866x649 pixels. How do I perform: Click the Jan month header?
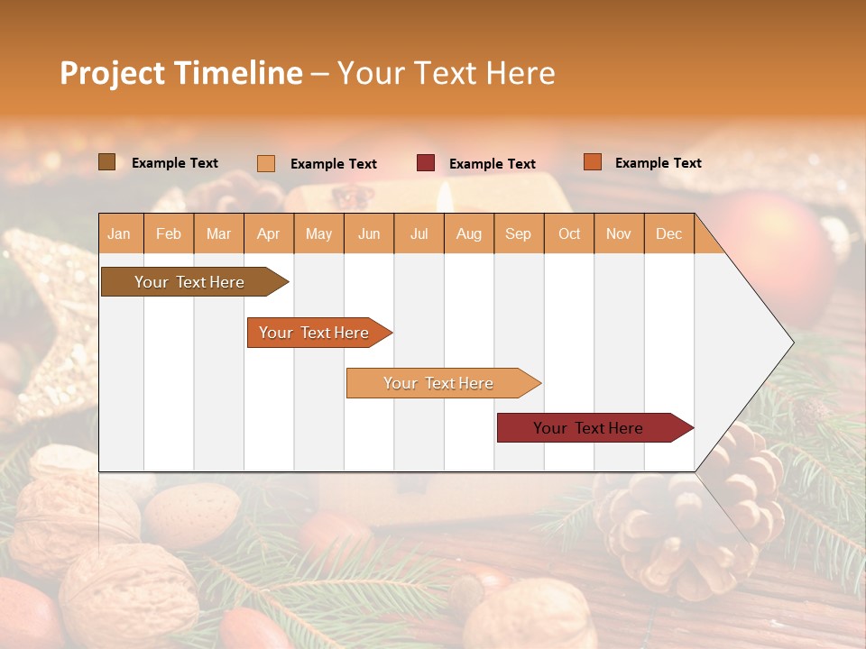point(119,233)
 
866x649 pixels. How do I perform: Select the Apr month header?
point(269,233)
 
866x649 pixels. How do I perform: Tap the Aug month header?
point(469,233)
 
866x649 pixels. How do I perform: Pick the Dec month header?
point(668,233)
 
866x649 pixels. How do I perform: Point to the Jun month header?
point(369,233)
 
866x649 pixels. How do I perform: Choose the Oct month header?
point(569,233)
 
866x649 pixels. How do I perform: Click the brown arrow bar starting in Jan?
point(189,282)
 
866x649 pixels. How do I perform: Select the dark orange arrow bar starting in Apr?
point(314,333)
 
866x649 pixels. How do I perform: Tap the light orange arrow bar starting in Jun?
point(438,383)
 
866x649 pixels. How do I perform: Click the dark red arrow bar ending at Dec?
point(588,428)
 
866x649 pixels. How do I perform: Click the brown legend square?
point(107,162)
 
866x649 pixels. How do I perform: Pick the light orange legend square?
point(266,163)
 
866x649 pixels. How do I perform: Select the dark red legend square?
point(426,163)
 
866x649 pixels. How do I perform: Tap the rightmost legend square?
point(592,162)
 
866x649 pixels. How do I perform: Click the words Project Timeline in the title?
point(181,73)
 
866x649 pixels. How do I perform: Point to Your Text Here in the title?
point(447,73)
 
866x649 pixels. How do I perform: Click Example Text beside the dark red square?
point(492,163)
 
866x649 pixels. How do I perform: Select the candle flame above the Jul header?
point(444,196)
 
